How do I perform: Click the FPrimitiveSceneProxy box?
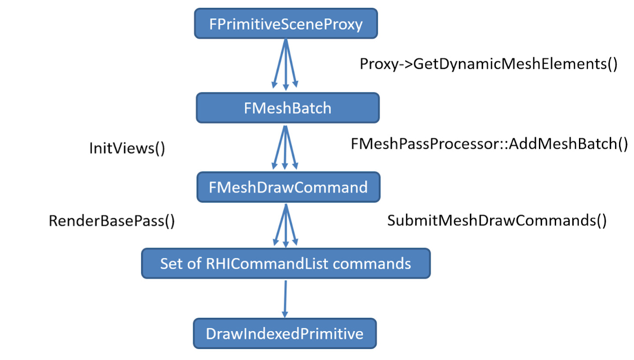286,24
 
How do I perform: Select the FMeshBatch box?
288,108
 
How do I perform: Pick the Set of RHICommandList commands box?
285,264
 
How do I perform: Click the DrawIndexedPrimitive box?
285,334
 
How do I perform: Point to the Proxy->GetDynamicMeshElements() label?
489,64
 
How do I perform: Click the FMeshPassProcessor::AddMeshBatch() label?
489,144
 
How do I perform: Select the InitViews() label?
127,148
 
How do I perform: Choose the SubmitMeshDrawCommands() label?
497,220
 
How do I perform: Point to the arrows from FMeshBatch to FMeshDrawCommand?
286,148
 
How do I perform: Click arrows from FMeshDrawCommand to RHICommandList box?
286,225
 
